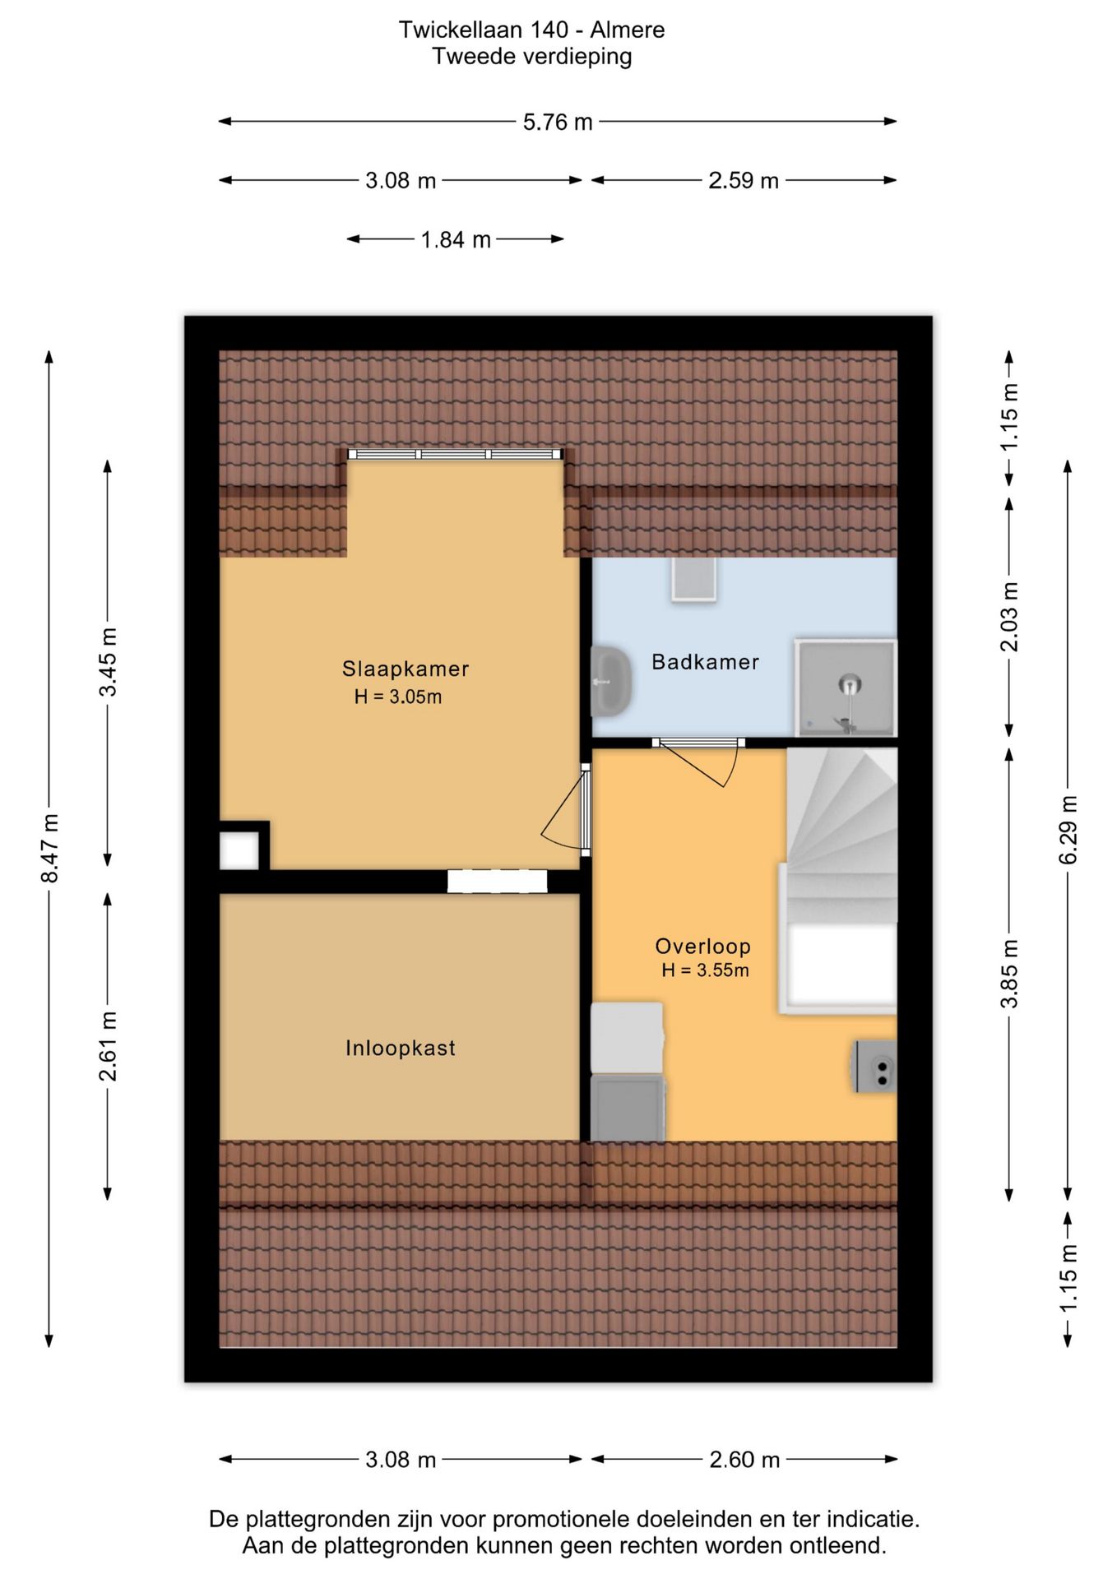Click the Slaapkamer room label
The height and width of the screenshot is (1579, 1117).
(406, 669)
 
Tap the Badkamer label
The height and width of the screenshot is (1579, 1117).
(705, 662)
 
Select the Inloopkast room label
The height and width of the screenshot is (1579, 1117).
(401, 1048)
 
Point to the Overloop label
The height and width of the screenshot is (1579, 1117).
(702, 947)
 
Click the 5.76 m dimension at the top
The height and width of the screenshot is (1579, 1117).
(558, 122)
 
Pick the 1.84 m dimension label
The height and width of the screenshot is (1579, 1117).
(456, 239)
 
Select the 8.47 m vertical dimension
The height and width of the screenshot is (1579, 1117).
(49, 849)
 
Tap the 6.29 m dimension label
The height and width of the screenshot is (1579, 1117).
(1068, 829)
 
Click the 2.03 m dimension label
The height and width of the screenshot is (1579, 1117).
(1009, 617)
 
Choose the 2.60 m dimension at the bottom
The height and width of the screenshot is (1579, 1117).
(744, 1460)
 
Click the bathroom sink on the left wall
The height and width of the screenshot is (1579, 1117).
(611, 681)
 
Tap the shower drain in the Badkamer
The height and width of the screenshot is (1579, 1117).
(850, 683)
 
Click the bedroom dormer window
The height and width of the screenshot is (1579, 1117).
(455, 454)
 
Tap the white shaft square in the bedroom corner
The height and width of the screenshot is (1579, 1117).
(239, 850)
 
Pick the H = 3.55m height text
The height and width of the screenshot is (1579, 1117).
(705, 970)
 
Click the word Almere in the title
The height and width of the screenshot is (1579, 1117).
(628, 30)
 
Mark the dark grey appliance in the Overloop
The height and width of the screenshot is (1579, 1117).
(628, 1109)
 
